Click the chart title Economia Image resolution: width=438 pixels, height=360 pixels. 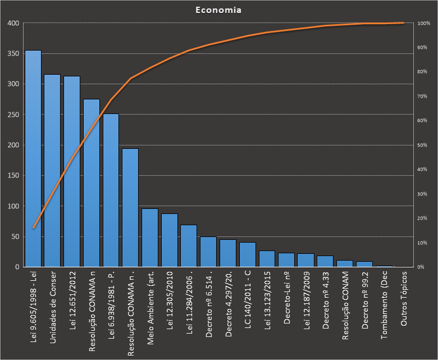218,10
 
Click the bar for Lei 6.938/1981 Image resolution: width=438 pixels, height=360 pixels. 111,190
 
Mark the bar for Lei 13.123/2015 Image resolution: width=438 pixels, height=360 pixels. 267,259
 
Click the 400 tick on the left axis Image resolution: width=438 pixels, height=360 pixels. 12,23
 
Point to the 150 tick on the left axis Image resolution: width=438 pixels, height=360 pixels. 12,176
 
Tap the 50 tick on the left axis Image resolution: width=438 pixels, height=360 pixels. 14,236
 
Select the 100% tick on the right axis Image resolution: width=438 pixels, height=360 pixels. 424,23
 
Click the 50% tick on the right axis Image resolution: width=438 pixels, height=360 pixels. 424,145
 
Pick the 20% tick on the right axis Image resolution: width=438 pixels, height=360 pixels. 424,218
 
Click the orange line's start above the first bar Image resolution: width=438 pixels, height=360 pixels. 33,228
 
